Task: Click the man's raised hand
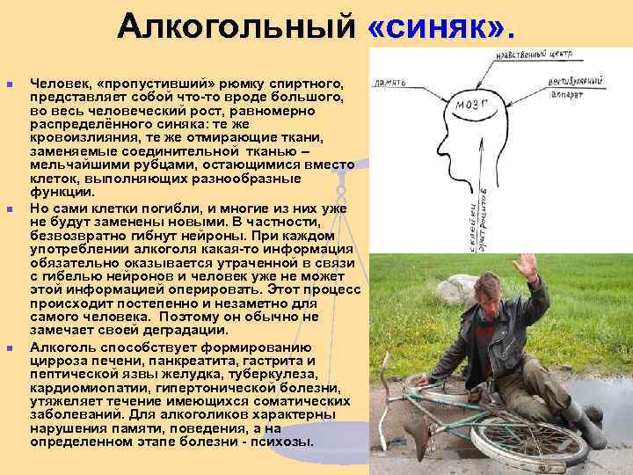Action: pos(525,269)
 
